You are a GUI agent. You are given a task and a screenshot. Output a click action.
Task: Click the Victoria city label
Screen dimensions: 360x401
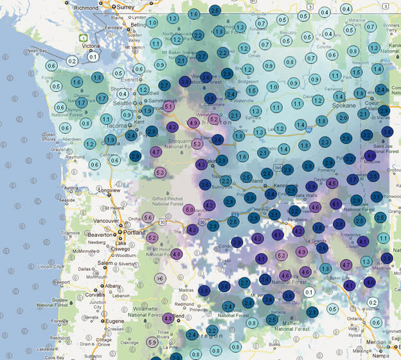coord(91,46)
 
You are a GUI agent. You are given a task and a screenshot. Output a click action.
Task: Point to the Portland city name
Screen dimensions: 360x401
coord(127,234)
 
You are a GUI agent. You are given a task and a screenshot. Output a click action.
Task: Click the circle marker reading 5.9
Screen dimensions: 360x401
coord(152,342)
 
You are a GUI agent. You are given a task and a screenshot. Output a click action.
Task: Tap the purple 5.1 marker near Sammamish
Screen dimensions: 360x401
coord(169,107)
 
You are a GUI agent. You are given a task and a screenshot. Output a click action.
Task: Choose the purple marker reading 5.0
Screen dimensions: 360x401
coord(189,210)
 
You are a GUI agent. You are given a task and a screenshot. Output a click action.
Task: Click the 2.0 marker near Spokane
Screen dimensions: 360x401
coord(343,118)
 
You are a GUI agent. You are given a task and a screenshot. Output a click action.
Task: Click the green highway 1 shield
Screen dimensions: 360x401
coord(84,38)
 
